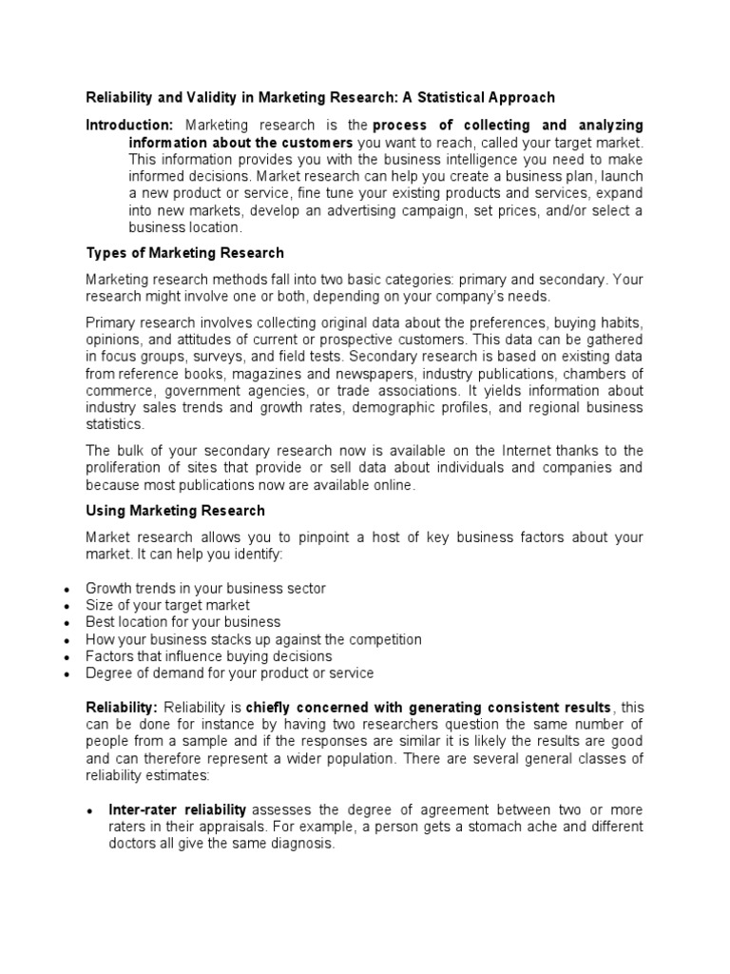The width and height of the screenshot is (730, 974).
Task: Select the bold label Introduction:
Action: coord(129,126)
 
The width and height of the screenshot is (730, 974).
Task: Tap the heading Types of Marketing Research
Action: coord(184,253)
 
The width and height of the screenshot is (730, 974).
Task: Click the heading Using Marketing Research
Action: coord(175,511)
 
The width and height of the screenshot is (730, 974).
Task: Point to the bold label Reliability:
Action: coord(122,708)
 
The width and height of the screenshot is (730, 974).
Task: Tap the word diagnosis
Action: coord(300,844)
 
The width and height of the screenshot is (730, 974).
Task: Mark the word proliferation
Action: coord(123,468)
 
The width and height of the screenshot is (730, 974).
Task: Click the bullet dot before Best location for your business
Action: coord(66,624)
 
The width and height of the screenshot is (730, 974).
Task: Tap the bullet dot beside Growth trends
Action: coord(66,590)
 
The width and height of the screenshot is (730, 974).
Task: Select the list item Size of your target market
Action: coord(167,605)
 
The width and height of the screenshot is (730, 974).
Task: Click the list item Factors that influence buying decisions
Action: coord(208,656)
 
